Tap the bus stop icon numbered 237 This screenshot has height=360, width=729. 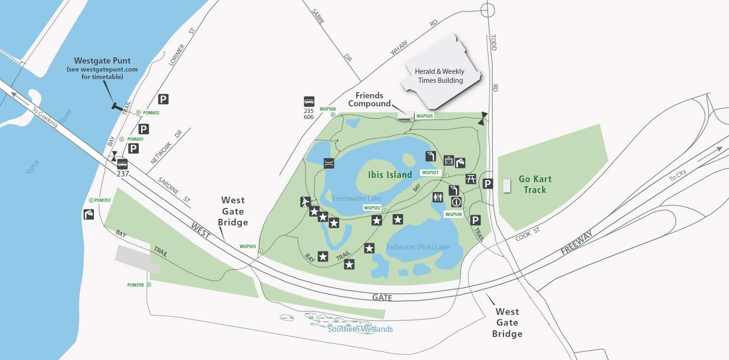coord(122,164)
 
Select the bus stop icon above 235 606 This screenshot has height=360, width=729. coord(309,102)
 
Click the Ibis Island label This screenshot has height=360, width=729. coord(390,175)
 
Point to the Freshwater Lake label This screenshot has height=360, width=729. coord(357,199)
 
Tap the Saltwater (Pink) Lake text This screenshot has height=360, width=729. coord(418,247)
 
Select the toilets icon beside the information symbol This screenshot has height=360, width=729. coord(438,197)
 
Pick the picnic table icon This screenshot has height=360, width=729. coord(471,179)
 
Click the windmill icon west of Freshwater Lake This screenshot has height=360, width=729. coord(305,202)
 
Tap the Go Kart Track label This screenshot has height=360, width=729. coord(535,184)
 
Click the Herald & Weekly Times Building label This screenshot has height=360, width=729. coord(439,76)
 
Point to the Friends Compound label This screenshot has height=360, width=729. coord(369,100)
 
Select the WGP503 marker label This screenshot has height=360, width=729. coord(248,246)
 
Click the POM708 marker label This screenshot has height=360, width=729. coord(135,285)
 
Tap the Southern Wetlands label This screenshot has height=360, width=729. coord(360,329)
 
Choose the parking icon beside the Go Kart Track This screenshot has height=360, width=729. coord(488,184)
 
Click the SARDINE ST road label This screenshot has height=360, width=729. coord(174,190)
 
